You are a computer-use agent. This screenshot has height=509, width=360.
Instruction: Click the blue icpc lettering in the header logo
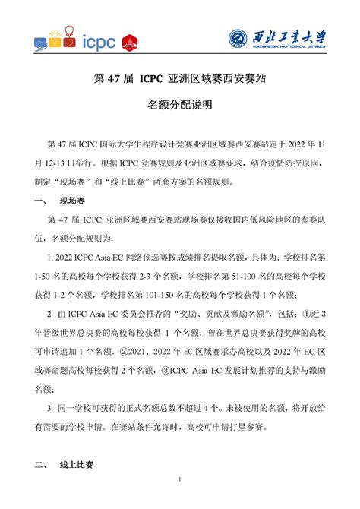click(x=98, y=43)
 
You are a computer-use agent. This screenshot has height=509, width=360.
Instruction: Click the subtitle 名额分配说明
click(x=179, y=103)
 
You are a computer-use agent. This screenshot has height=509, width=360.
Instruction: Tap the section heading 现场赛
click(x=74, y=201)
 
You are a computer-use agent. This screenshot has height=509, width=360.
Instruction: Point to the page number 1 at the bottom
click(x=179, y=479)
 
